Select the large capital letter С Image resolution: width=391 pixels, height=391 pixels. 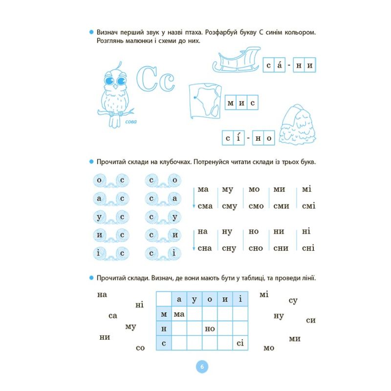(146, 78)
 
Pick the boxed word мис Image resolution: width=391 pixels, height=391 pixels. (241, 103)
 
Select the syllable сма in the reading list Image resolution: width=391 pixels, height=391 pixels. (205, 206)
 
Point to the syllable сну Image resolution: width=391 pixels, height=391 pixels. (229, 248)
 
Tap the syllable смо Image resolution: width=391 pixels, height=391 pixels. (256, 206)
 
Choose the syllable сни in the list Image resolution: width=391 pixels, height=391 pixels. (281, 248)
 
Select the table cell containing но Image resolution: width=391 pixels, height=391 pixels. (210, 329)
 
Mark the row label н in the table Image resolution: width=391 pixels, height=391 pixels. (164, 329)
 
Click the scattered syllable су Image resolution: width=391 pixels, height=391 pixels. (293, 301)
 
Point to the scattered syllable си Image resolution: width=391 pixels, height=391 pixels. (310, 320)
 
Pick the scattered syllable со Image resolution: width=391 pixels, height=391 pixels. (140, 348)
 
